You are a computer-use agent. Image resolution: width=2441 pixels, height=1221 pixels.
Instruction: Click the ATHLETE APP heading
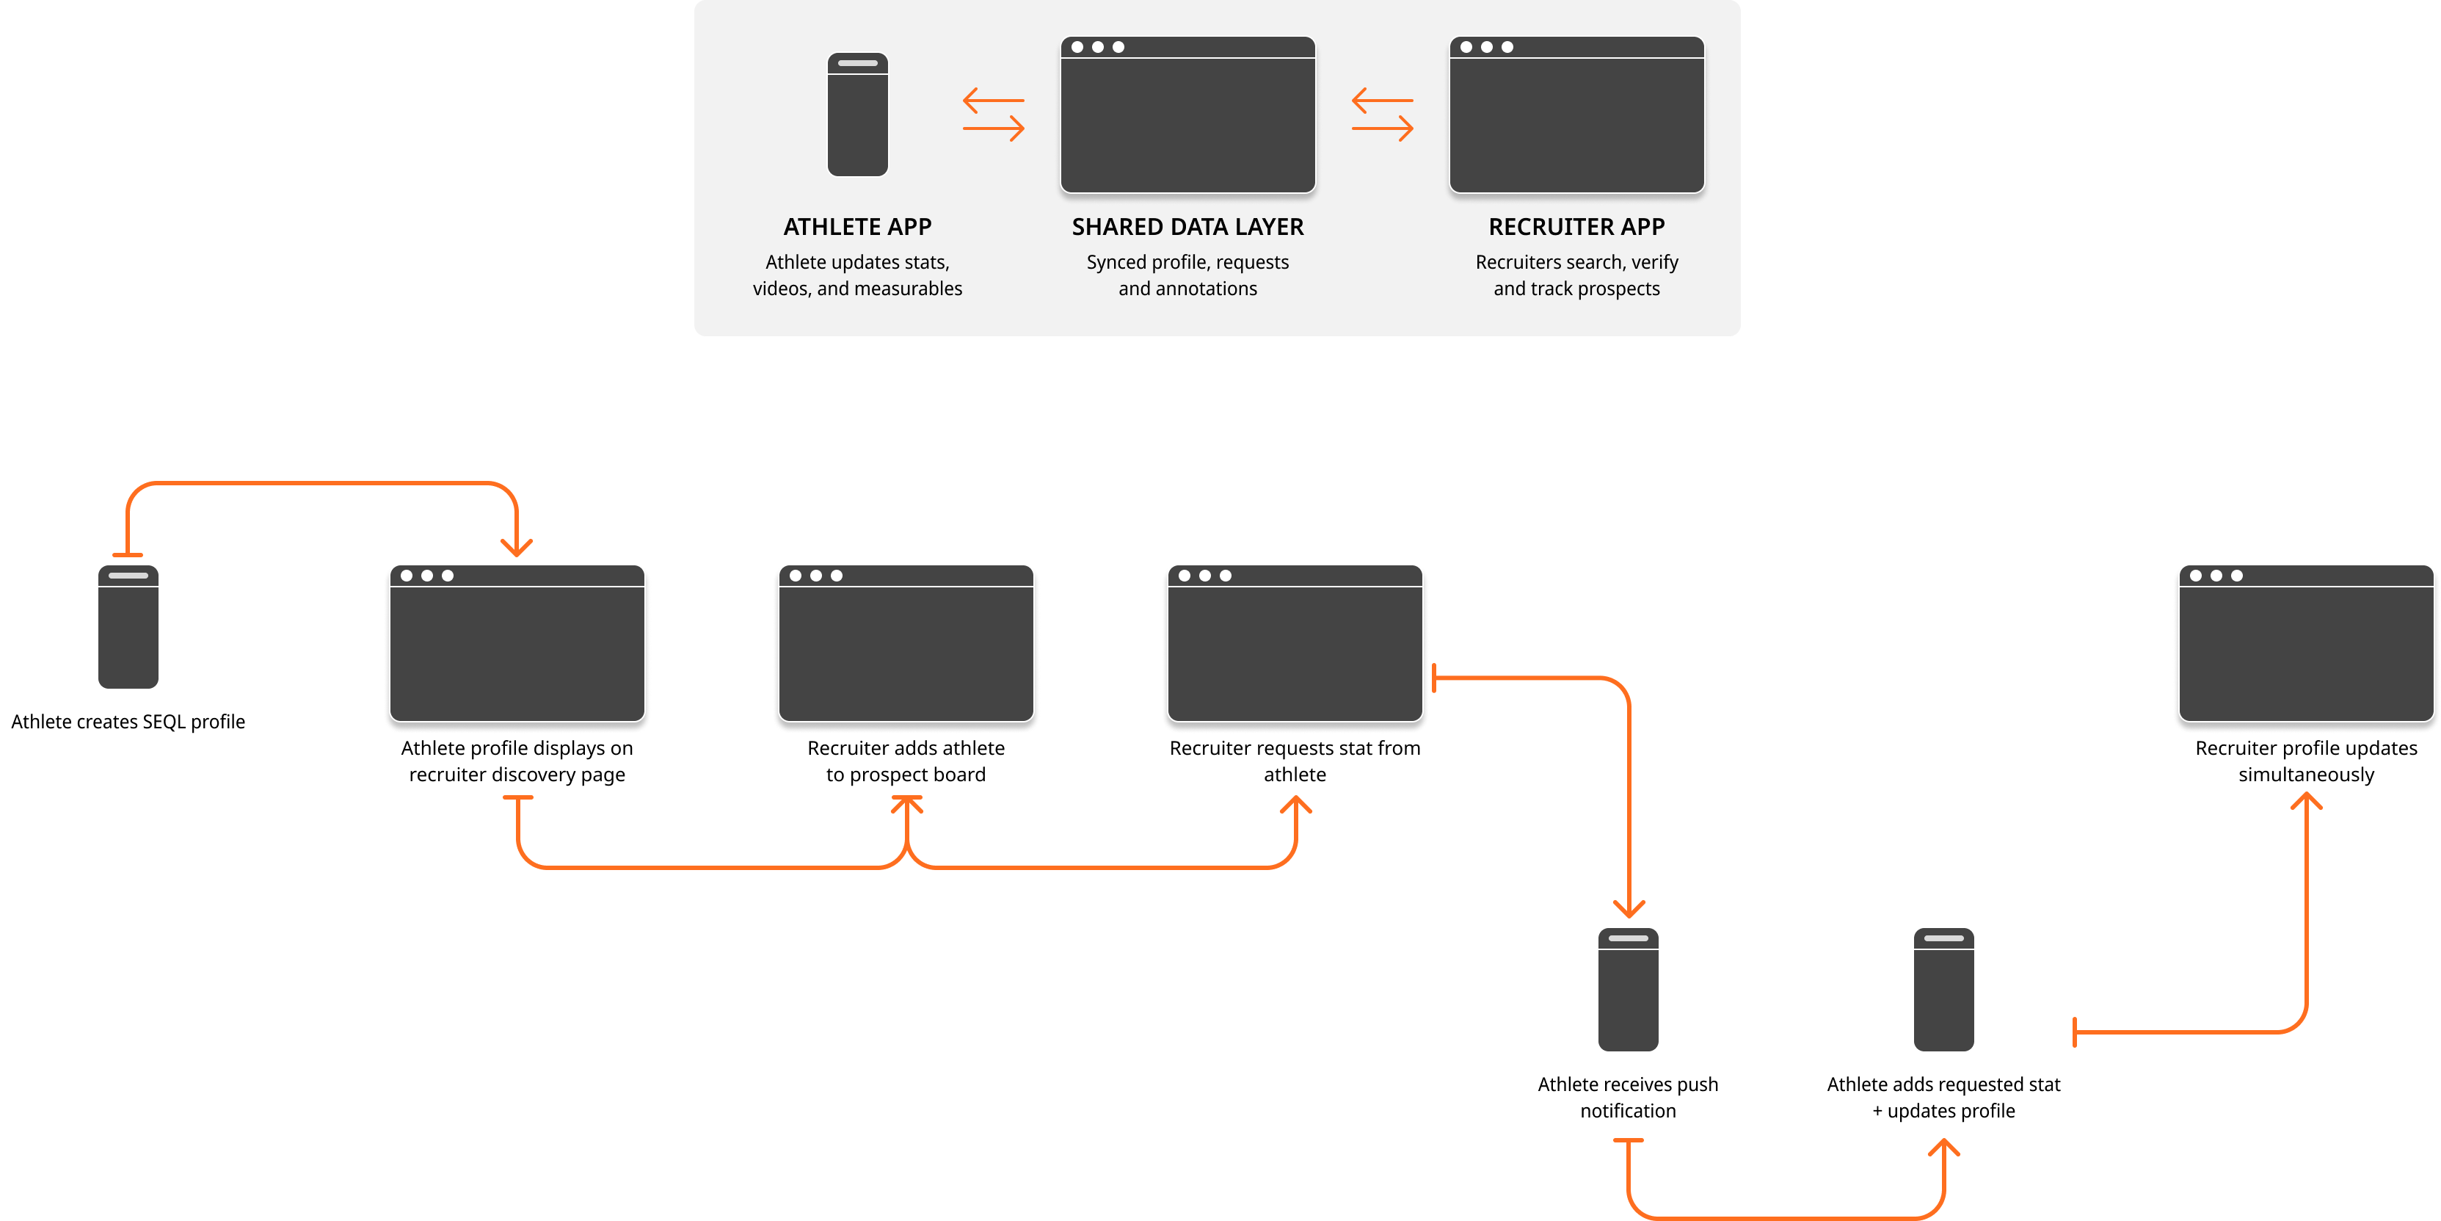pyautogui.click(x=856, y=227)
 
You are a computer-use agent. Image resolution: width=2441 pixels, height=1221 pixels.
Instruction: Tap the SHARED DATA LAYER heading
pyautogui.click(x=1187, y=227)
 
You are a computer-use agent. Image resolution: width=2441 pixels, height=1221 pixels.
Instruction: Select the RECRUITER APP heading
pyautogui.click(x=1576, y=227)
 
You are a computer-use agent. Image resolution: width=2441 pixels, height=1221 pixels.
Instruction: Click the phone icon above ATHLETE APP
pyautogui.click(x=857, y=115)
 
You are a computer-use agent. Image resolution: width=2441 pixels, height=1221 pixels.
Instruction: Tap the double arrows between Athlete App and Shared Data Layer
pyautogui.click(x=993, y=114)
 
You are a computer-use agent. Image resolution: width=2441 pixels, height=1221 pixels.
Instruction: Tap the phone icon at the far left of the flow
pyautogui.click(x=128, y=626)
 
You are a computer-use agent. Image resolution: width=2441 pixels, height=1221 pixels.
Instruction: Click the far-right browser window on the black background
pyautogui.click(x=2305, y=644)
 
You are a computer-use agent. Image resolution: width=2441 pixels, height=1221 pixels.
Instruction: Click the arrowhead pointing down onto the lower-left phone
pyautogui.click(x=1629, y=908)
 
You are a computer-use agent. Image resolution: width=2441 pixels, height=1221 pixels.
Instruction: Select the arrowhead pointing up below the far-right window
pyautogui.click(x=2305, y=802)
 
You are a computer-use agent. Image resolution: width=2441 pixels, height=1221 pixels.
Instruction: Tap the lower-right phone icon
pyautogui.click(x=1943, y=989)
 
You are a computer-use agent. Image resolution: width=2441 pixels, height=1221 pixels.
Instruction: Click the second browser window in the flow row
pyautogui.click(x=906, y=644)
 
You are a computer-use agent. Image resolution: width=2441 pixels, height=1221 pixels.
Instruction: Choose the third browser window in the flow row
pyautogui.click(x=1295, y=644)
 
